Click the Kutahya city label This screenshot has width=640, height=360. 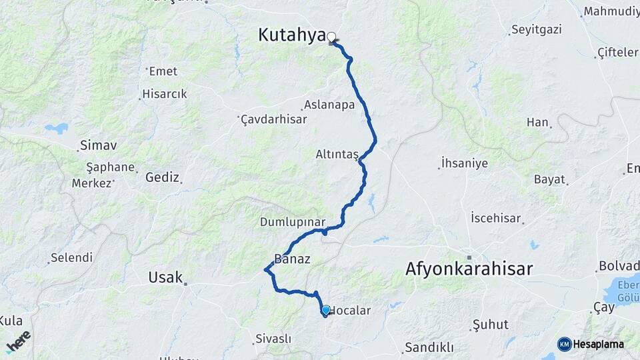click(x=291, y=36)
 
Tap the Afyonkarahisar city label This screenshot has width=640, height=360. click(x=469, y=269)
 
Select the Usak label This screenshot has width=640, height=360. click(x=165, y=277)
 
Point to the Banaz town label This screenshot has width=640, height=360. click(x=292, y=259)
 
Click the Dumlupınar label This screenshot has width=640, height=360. click(x=292, y=222)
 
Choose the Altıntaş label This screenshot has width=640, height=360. click(x=337, y=155)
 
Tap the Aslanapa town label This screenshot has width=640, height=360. click(x=329, y=105)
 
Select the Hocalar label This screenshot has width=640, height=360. click(x=351, y=311)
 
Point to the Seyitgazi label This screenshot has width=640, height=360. click(x=537, y=30)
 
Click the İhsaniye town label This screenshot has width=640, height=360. click(x=465, y=163)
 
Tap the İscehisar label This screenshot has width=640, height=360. click(x=495, y=218)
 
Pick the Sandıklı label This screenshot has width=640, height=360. click(x=429, y=347)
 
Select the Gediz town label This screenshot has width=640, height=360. click(x=163, y=177)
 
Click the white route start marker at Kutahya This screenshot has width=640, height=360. click(x=331, y=37)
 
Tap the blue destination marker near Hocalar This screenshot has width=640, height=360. click(x=325, y=310)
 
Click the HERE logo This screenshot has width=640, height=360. click(x=18, y=341)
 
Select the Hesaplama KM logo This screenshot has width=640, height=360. click(x=591, y=344)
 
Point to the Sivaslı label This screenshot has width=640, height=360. click(x=273, y=339)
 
